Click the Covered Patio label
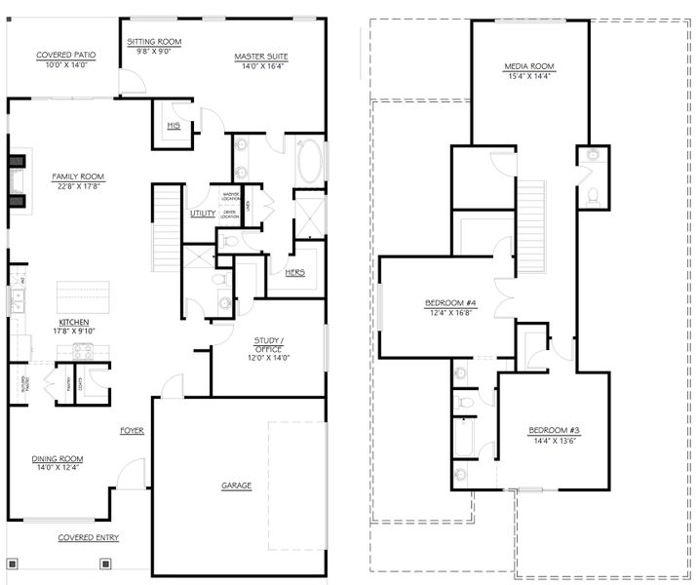[x=62, y=56]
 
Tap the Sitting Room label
[x=154, y=42]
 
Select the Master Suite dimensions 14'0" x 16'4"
[x=257, y=65]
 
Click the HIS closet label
[x=173, y=126]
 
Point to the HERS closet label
[x=294, y=272]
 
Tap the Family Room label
[x=78, y=176]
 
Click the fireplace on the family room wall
[x=17, y=181]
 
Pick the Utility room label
[x=203, y=212]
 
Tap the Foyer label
[x=132, y=430]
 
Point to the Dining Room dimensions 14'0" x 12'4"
[x=57, y=468]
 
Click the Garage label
[x=236, y=485]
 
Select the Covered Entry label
[x=88, y=537]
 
